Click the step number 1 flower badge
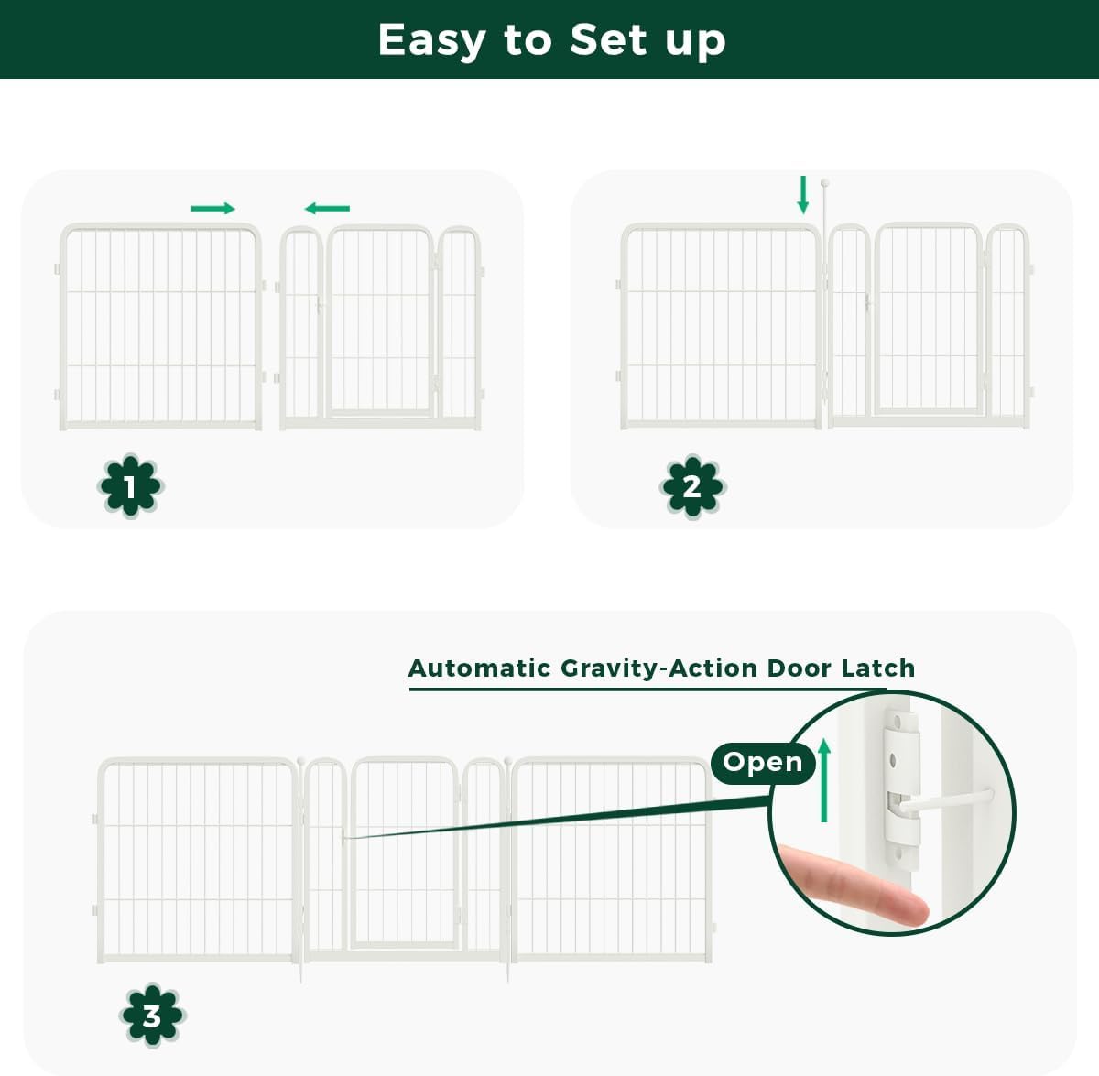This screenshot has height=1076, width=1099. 130,486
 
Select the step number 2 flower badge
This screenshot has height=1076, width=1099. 692,486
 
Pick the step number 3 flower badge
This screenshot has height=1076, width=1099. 152,1016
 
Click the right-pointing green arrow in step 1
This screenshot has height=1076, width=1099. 212,209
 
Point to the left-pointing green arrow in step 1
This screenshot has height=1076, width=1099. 328,209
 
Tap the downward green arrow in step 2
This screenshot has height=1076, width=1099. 803,195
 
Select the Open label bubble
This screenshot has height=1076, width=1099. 762,762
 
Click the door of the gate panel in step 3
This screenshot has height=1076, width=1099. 404,852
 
